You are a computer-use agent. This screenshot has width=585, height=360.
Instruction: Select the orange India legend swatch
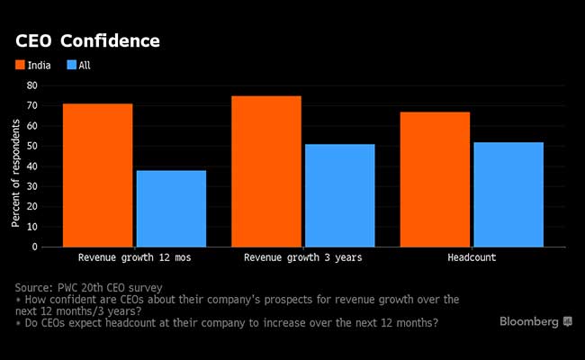(x=20, y=65)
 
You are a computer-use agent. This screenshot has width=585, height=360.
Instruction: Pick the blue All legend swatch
(x=68, y=65)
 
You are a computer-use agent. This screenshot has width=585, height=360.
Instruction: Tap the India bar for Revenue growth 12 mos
(x=97, y=175)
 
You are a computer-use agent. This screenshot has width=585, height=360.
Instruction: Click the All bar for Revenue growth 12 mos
(x=171, y=208)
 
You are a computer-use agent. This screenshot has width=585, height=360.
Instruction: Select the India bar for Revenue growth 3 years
(x=266, y=171)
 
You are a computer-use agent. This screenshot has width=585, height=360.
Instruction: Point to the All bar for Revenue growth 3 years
(x=339, y=195)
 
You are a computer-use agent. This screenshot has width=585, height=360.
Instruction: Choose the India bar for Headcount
(x=436, y=179)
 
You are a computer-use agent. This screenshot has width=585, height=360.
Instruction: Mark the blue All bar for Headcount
(x=508, y=193)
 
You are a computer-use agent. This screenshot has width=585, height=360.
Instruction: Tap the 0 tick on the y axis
(x=34, y=247)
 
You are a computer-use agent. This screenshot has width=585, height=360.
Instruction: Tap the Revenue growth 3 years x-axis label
(x=302, y=257)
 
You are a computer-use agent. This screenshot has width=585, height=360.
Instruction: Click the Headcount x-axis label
(x=472, y=257)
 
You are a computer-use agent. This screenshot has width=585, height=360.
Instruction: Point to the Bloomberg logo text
(x=529, y=321)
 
